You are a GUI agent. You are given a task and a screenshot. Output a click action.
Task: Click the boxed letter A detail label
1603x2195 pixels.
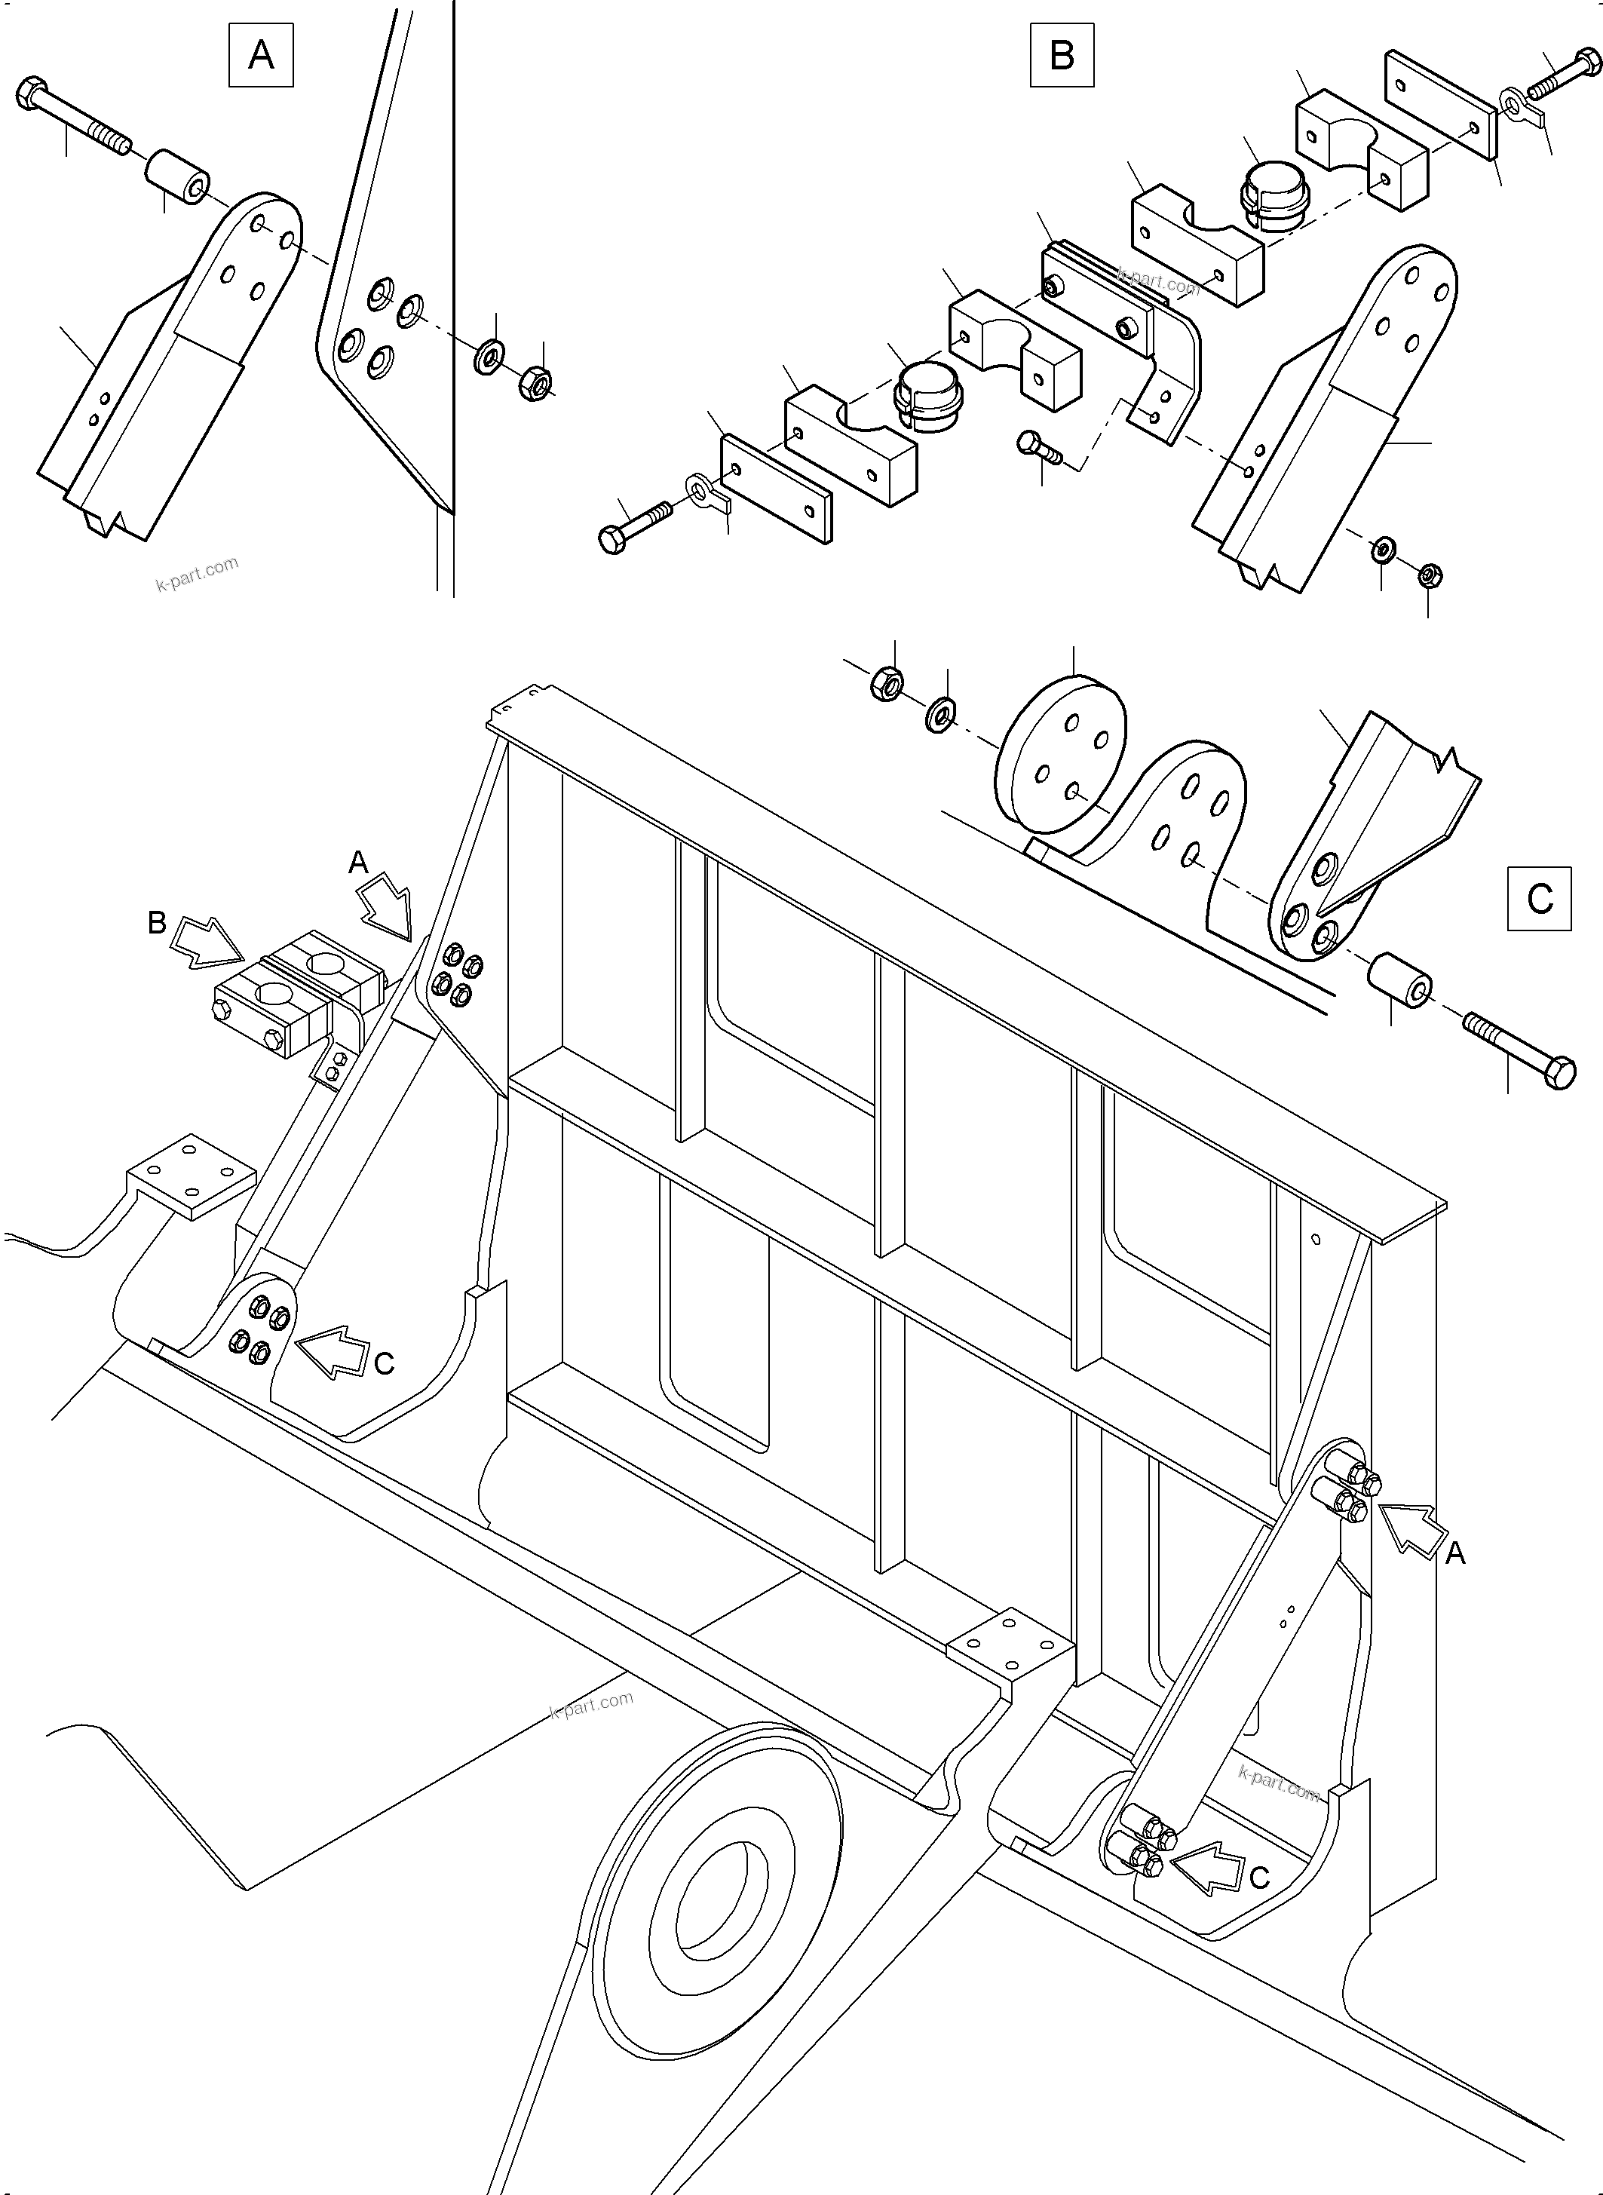coord(261,55)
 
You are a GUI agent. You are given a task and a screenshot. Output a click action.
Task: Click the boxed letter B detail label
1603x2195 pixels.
coord(1062,55)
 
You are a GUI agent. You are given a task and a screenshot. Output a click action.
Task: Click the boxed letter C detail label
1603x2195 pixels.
coord(1540,899)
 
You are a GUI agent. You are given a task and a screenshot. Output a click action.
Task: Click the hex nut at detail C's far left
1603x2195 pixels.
coord(885,684)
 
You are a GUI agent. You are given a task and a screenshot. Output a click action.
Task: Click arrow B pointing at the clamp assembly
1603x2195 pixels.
coord(207,944)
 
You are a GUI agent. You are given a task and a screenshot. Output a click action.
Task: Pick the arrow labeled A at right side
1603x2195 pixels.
coord(1414,1529)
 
